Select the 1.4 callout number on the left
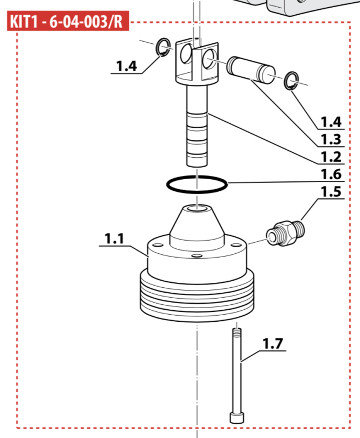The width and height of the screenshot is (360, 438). pyautogui.click(x=126, y=66)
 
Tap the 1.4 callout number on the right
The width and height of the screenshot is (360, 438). pyautogui.click(x=330, y=121)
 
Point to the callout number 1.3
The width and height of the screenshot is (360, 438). pyautogui.click(x=330, y=139)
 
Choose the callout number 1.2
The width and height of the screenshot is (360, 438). pyautogui.click(x=330, y=157)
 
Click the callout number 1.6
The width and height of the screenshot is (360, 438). pyautogui.click(x=330, y=174)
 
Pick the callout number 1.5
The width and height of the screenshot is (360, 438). pyautogui.click(x=330, y=192)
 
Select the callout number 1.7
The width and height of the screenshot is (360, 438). pyautogui.click(x=272, y=344)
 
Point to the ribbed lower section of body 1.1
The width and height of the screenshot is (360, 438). pyautogui.click(x=196, y=299)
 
